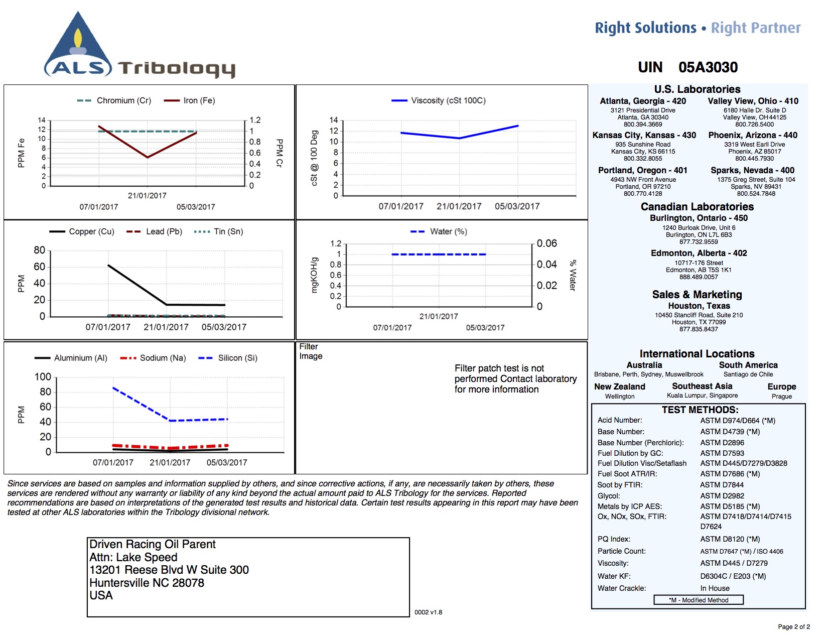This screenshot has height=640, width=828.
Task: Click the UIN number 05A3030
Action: (x=708, y=67)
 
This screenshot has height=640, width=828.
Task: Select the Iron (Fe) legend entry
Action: (x=189, y=100)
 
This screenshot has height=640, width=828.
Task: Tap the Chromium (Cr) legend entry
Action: (x=114, y=100)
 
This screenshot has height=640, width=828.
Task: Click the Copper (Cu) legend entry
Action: (x=81, y=231)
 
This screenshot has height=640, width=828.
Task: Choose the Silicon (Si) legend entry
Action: (x=228, y=358)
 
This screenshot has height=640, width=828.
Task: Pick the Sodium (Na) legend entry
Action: (x=153, y=358)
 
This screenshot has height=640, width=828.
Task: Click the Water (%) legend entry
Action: (x=439, y=231)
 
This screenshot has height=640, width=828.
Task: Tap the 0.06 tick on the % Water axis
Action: (x=547, y=243)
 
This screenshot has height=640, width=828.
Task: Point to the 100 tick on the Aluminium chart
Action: (x=43, y=377)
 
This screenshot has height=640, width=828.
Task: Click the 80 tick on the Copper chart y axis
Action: (x=39, y=250)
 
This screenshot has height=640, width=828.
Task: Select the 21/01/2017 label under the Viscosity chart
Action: (x=459, y=206)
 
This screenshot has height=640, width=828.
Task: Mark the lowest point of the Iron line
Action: (x=148, y=157)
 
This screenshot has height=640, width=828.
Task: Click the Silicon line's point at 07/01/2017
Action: (x=113, y=388)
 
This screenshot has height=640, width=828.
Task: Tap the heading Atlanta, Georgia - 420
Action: (x=643, y=101)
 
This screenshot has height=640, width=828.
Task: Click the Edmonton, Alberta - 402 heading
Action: (x=699, y=253)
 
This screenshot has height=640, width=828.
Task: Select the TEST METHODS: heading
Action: (x=700, y=410)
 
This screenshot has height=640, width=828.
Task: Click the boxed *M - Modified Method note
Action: (x=699, y=600)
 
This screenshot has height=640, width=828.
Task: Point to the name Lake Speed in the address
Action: (x=147, y=557)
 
